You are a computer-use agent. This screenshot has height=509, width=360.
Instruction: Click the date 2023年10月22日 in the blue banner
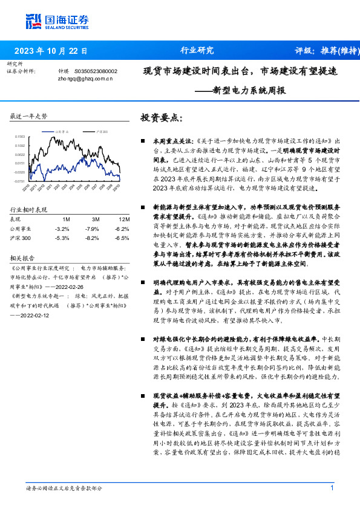51,51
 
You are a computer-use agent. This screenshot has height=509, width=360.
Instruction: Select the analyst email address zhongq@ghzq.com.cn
86,79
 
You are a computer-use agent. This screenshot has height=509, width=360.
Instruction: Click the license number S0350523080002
95,71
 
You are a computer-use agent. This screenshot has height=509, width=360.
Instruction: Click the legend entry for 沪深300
101,131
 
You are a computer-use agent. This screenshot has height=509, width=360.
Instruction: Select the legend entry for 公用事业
64,131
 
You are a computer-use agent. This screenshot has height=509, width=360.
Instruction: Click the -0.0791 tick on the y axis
19,181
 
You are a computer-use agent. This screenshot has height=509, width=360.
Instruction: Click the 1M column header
67,218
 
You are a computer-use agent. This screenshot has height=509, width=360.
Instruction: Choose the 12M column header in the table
124,218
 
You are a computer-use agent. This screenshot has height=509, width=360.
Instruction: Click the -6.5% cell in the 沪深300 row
122,238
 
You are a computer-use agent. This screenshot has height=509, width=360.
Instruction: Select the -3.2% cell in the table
62,229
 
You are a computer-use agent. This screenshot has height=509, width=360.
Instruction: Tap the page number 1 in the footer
332,488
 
